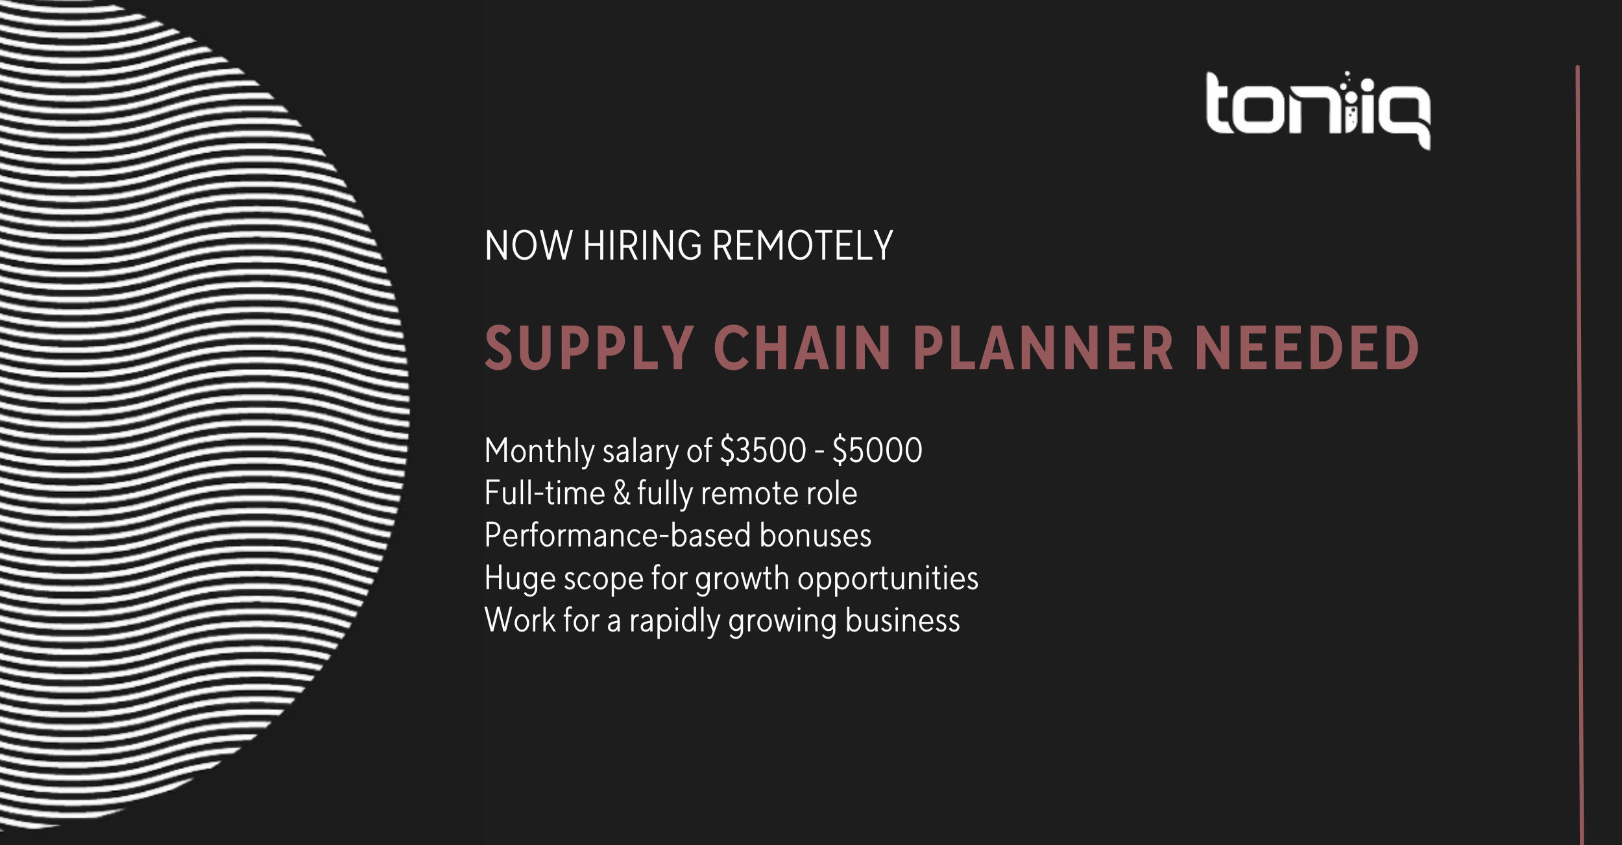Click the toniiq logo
point(1318,110)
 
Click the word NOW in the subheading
point(529,246)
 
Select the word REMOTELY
point(803,246)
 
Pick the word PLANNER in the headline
point(1043,349)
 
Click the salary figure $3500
point(763,450)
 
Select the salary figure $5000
point(877,450)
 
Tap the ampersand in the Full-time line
point(622,493)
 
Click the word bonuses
point(816,535)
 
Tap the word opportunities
point(888,579)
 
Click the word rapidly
point(675,621)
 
